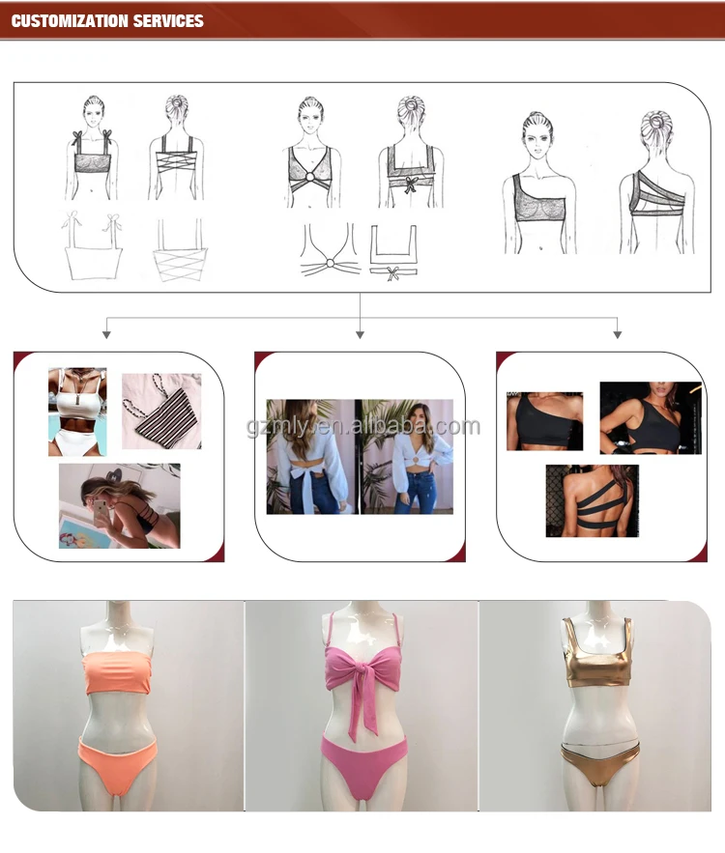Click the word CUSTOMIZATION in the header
click(70, 21)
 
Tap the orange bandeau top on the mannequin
click(118, 673)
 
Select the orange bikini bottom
click(118, 760)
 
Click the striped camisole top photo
click(161, 412)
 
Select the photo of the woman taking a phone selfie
click(120, 506)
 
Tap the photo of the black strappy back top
click(593, 501)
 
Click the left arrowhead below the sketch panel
click(106, 334)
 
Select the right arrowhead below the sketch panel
click(618, 334)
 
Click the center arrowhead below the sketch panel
click(360, 334)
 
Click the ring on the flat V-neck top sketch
click(331, 264)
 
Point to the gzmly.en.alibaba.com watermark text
click(363, 427)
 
